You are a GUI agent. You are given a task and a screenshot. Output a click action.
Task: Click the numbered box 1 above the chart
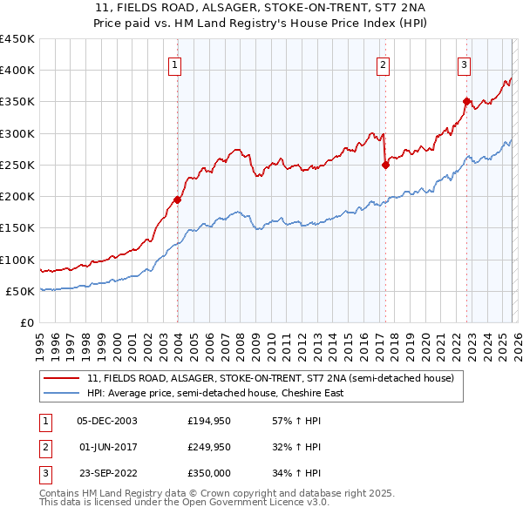pyautogui.click(x=175, y=64)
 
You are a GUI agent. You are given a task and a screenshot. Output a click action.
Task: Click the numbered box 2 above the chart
pyautogui.click(x=383, y=64)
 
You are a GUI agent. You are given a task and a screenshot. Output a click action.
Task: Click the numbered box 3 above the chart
pyautogui.click(x=465, y=64)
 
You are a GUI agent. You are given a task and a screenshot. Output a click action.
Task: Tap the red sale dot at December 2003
pyautogui.click(x=177, y=200)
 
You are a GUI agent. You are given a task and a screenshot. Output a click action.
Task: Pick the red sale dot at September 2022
pyautogui.click(x=466, y=101)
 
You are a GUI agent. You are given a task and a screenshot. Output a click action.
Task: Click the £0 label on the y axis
pyautogui.click(x=26, y=322)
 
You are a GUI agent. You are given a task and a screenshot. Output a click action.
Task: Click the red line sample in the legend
pyautogui.click(x=62, y=379)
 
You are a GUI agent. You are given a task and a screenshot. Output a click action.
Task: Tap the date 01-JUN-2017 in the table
pyautogui.click(x=107, y=447)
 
